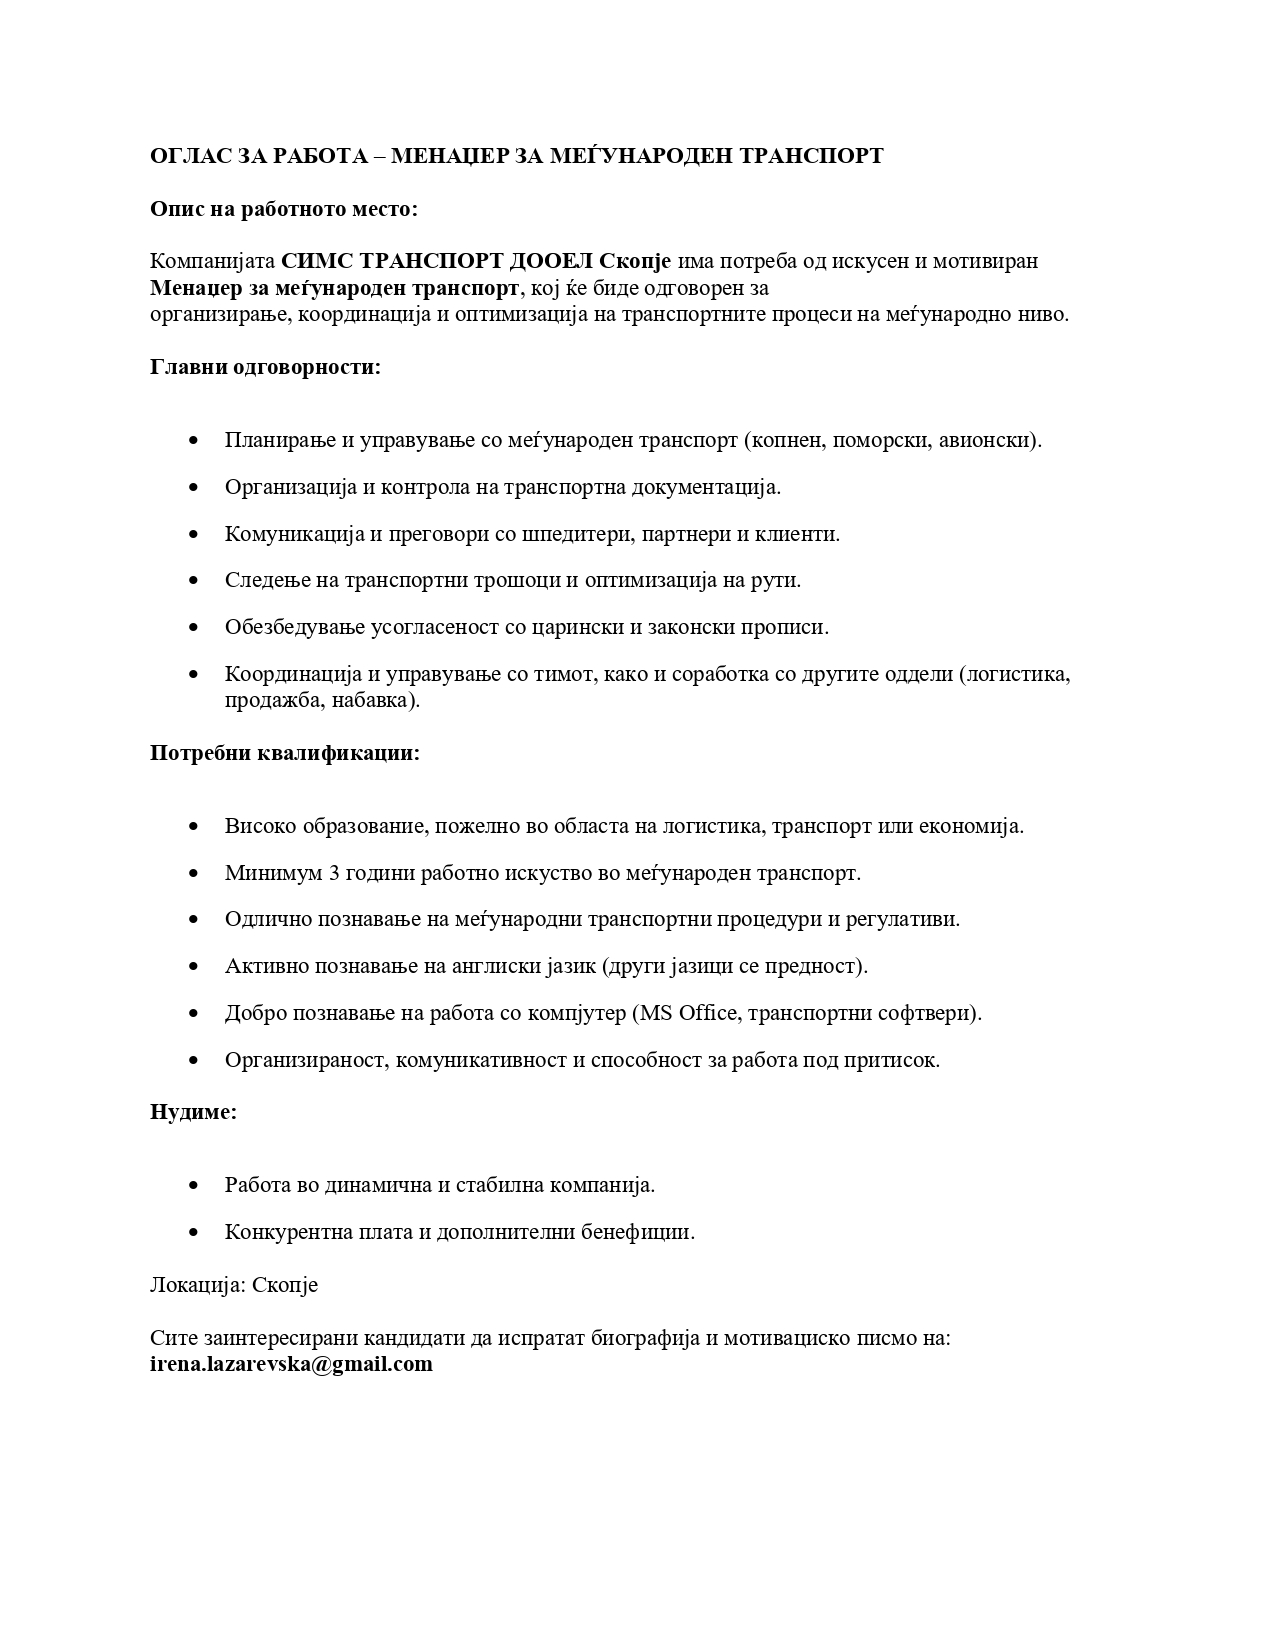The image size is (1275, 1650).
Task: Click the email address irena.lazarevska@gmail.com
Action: pos(291,1365)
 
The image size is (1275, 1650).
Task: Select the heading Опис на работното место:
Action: pos(284,209)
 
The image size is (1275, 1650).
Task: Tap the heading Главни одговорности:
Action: pos(266,367)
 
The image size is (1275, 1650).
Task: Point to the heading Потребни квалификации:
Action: pos(285,753)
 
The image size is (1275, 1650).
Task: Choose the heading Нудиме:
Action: pos(194,1112)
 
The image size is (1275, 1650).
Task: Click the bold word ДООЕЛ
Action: pos(552,261)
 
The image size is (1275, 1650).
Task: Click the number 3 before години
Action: pos(334,873)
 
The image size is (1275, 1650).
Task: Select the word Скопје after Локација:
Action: pos(285,1285)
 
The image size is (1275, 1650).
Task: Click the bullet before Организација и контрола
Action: pos(194,488)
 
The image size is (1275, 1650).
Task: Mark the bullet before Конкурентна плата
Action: pos(194,1233)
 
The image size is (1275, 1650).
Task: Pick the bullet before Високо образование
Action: pos(194,827)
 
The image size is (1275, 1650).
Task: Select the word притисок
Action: pos(900,1060)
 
